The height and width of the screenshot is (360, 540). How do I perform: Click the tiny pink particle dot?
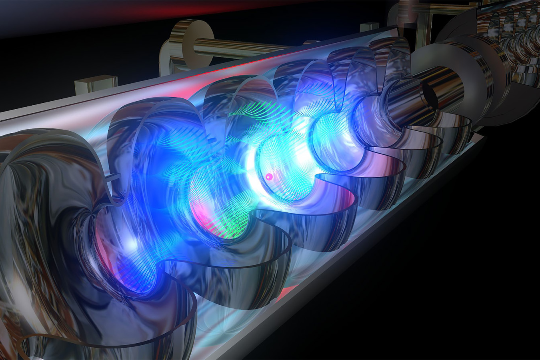(x=269, y=176)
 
